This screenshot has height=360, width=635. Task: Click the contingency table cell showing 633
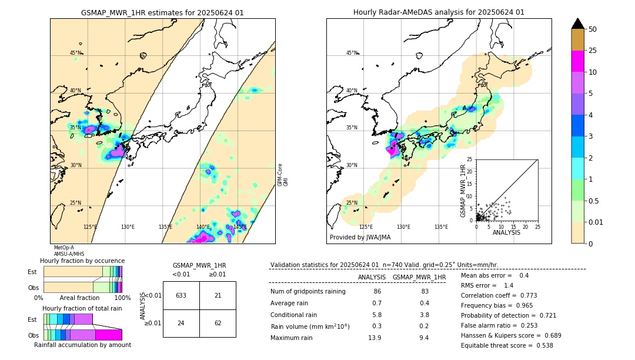click(x=181, y=295)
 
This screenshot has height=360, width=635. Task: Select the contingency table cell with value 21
click(x=218, y=295)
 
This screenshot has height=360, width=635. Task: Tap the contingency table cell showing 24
click(x=181, y=323)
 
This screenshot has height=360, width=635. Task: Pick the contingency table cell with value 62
click(x=218, y=323)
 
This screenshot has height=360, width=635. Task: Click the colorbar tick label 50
click(x=593, y=29)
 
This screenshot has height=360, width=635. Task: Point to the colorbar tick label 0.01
click(x=596, y=222)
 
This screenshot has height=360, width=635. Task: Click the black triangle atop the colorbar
click(x=578, y=24)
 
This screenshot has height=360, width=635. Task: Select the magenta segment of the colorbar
click(x=578, y=61)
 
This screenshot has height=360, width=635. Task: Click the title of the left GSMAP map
click(x=162, y=12)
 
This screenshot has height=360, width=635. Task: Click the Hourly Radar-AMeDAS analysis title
click(x=439, y=12)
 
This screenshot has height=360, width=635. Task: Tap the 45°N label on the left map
click(x=75, y=53)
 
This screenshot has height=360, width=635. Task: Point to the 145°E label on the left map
click(x=239, y=227)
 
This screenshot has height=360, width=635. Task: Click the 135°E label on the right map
click(x=441, y=227)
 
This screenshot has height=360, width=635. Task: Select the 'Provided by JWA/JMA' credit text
click(x=360, y=238)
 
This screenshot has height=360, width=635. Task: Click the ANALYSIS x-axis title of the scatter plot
click(x=506, y=232)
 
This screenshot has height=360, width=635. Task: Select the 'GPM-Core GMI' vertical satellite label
click(x=282, y=175)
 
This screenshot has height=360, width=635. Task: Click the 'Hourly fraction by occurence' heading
click(x=82, y=261)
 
